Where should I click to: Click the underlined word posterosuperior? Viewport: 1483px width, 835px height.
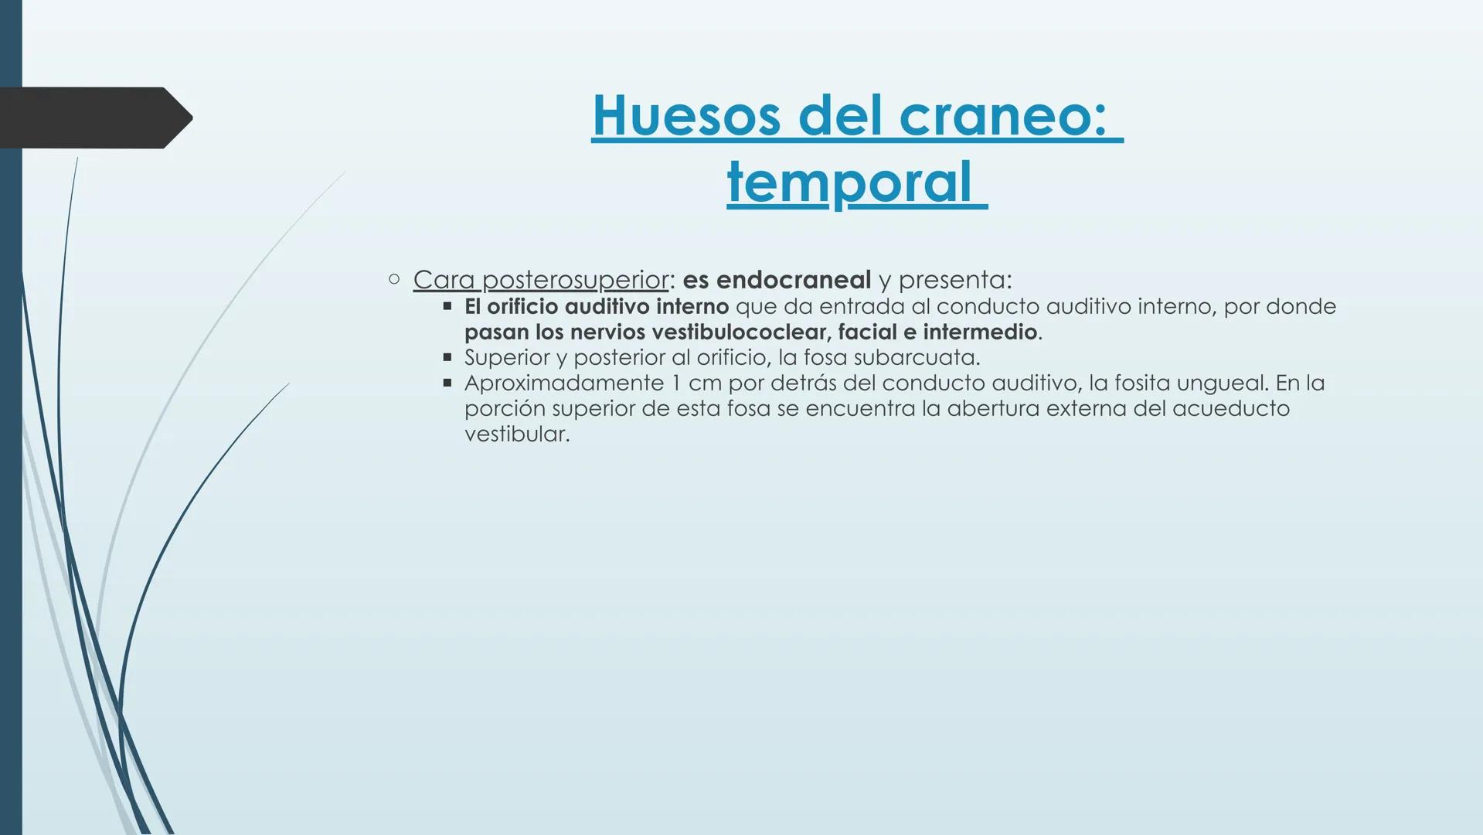[x=575, y=279]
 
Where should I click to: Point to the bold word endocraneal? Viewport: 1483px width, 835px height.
[x=793, y=279]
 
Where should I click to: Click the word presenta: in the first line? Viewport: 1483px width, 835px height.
[x=954, y=279]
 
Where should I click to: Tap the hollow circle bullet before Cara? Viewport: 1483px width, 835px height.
[x=394, y=278]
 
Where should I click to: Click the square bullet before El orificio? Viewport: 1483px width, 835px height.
[x=447, y=307]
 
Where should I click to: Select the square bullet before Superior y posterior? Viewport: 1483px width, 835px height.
[x=447, y=358]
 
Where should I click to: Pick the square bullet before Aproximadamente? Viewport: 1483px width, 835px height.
[x=447, y=383]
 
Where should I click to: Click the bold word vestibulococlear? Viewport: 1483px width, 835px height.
[x=741, y=332]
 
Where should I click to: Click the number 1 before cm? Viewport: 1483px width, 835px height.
[x=676, y=383]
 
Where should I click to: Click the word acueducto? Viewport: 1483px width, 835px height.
[x=1230, y=409]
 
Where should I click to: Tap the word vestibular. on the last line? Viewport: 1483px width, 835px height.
[x=516, y=434]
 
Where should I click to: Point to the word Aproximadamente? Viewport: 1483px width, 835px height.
[x=563, y=383]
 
